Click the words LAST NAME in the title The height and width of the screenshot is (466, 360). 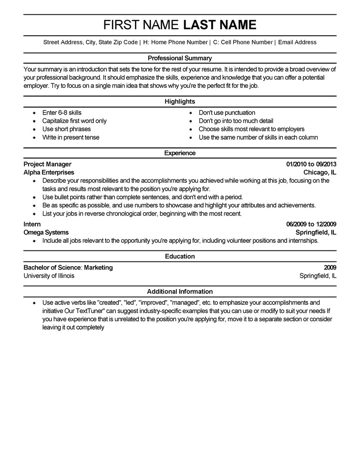[220, 25]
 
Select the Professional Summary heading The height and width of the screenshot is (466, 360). [180, 58]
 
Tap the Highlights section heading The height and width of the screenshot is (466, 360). [180, 102]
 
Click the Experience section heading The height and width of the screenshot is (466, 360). [180, 153]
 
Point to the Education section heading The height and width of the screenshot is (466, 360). [180, 257]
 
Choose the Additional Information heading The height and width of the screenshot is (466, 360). [180, 291]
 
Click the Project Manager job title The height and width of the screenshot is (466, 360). [47, 164]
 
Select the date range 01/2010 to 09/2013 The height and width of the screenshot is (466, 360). [311, 164]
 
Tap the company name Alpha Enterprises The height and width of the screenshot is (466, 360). [49, 172]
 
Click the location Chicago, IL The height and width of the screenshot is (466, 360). [320, 172]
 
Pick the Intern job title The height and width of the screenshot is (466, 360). [32, 224]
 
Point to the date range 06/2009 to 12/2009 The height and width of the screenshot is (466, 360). [311, 224]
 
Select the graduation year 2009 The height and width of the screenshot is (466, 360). [330, 267]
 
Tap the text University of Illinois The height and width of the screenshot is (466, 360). [49, 276]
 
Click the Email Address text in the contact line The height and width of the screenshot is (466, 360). [297, 42]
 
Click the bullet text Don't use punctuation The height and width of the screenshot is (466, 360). [226, 113]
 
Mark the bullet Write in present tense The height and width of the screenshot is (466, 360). [71, 137]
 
